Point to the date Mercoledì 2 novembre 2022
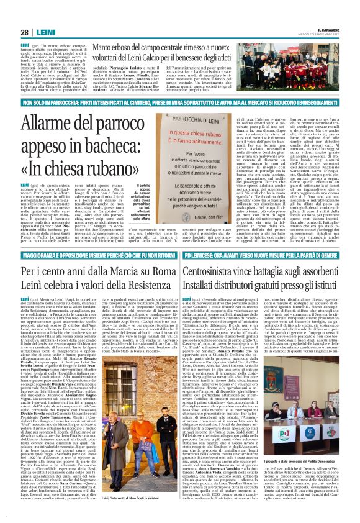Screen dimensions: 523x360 327,34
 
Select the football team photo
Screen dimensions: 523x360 311,73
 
